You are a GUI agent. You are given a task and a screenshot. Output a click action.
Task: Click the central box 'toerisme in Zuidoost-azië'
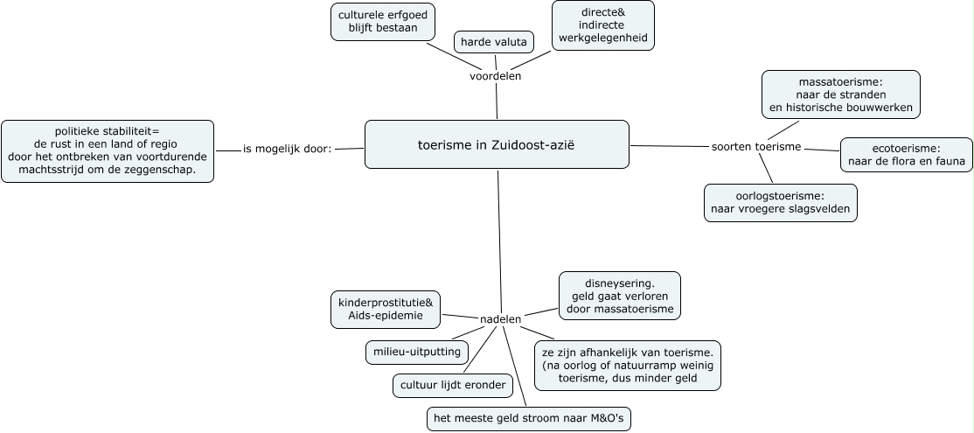496,144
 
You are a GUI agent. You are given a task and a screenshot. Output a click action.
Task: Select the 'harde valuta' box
494,41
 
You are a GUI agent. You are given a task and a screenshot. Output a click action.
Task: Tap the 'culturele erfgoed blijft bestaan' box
383,21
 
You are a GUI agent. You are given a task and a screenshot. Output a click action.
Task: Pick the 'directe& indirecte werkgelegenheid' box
603,25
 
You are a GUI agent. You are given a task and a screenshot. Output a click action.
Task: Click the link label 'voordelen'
495,76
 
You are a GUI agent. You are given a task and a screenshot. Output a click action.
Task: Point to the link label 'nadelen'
501,319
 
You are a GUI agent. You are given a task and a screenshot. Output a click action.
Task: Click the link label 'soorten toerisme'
756,146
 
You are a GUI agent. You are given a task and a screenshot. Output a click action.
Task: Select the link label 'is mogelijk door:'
288,149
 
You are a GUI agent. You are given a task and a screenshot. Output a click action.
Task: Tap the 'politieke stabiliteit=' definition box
108,150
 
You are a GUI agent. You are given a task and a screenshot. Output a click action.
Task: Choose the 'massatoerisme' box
841,94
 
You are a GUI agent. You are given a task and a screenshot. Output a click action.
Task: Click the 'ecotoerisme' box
906,155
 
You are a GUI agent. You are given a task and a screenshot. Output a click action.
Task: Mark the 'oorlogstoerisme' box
781,203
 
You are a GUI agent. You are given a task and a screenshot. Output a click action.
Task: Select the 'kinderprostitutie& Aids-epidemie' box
385,309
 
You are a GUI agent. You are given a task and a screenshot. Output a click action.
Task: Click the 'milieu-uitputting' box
415,352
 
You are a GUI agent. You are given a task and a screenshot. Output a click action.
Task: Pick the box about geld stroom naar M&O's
529,419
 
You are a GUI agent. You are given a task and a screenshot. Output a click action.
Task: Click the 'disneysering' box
619,296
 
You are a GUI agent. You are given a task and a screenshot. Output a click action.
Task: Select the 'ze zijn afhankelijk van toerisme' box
627,365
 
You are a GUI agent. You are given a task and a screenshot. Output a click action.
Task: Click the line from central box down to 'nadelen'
498,236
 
